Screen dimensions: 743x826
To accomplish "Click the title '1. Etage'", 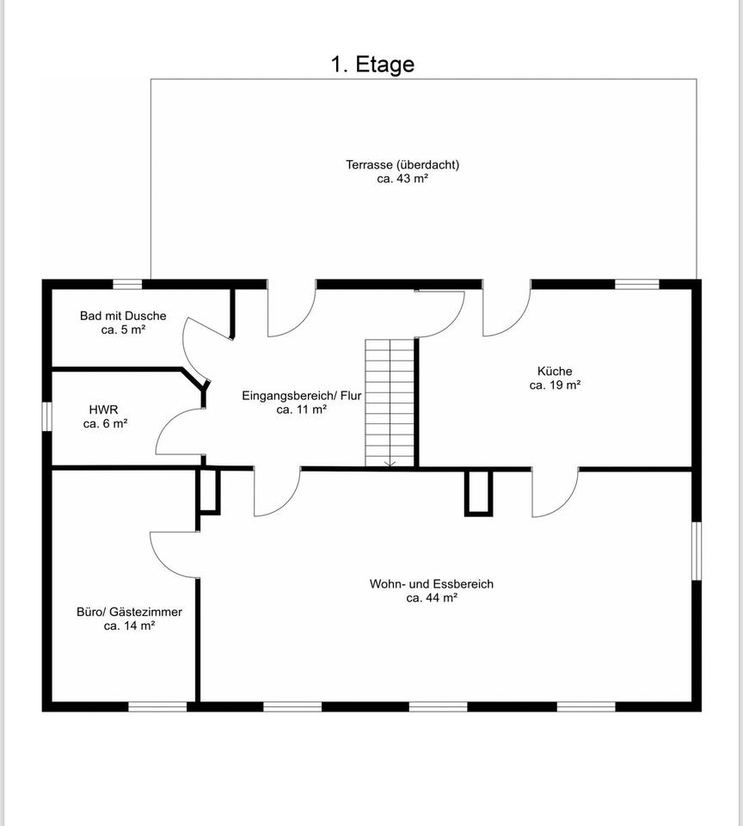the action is coord(372,65).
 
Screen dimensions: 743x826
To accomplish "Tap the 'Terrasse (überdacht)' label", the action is coord(402,164).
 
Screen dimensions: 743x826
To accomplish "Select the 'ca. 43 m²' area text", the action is coord(402,179).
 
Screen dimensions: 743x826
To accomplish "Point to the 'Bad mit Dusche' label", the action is coord(123,316).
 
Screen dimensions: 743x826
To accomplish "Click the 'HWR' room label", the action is coord(104,410).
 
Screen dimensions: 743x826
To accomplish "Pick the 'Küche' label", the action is coord(555,371).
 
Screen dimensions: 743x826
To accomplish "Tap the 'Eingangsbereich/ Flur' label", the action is coord(302,396).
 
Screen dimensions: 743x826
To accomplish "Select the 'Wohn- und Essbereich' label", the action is coord(431,583).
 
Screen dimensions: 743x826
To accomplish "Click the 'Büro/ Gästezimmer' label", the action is coord(130,612).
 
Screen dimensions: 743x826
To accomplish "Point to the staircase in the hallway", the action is coord(390,403).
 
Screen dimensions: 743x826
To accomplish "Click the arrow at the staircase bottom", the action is coord(390,463).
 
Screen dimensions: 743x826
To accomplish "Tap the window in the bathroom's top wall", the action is coord(127,285).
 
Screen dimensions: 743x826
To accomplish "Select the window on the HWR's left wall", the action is coord(46,416).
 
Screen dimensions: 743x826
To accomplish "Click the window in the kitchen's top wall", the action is coord(637,285).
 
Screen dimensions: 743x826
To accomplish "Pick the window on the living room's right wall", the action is coord(697,551).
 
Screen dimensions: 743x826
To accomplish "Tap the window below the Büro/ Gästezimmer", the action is coord(158,706).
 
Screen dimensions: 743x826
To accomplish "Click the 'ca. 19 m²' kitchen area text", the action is coord(555,385).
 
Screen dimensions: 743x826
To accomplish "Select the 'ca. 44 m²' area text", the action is coord(432,598).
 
